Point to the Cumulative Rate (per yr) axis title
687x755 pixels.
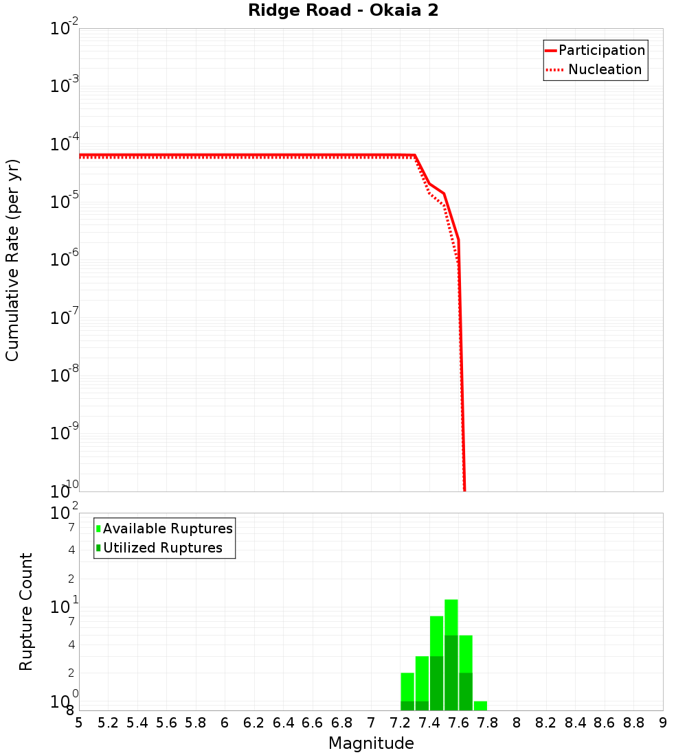(x=12, y=259)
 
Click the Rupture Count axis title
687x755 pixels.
(x=26, y=611)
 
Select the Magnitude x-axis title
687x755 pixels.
(x=371, y=743)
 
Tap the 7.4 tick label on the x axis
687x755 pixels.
(x=429, y=722)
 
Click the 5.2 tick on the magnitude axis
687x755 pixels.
(x=108, y=722)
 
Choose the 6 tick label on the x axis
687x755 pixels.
(x=225, y=722)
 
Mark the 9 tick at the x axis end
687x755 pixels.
(x=663, y=722)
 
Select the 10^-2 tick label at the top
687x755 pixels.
(x=65, y=29)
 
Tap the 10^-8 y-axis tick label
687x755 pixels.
(x=65, y=375)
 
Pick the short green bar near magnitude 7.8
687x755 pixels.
(x=480, y=706)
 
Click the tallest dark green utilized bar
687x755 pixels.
(x=451, y=673)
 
